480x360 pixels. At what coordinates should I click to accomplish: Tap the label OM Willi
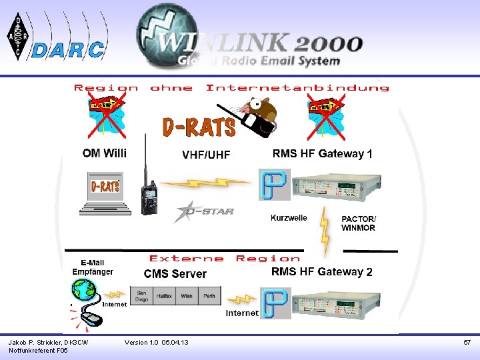pos(104,153)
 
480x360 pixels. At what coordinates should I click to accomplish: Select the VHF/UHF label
pos(206,155)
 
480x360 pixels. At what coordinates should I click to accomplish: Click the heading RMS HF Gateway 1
pos(322,154)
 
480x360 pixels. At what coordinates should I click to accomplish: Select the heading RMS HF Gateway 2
pos(322,272)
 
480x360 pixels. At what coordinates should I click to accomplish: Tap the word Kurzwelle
pos(289,218)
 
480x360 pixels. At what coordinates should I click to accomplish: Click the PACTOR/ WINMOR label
pos(358,223)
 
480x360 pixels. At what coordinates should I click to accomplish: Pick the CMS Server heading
pos(175,274)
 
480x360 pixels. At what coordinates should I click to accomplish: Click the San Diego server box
pos(142,296)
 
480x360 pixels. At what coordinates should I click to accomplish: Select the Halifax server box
pos(164,296)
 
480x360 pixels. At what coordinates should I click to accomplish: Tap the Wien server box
pos(187,296)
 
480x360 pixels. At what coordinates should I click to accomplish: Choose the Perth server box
pos(209,296)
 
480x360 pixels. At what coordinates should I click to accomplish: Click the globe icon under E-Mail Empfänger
pos(85,292)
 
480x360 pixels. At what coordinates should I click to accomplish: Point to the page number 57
pos(467,343)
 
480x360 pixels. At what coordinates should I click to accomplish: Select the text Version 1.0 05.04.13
pos(157,343)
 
